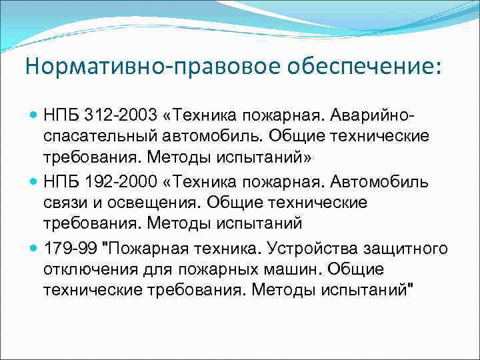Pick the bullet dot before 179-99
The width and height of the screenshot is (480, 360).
[x=34, y=248]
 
